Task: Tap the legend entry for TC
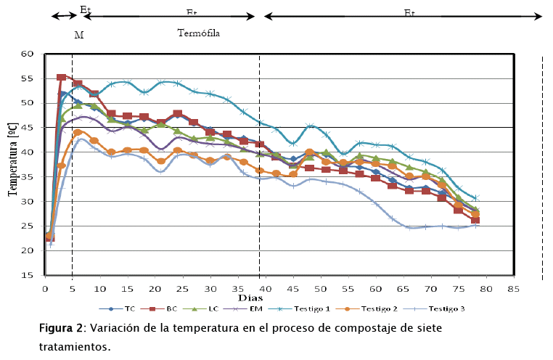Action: [x=124, y=308]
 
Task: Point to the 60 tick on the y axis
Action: [x=29, y=54]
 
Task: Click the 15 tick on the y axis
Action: [x=29, y=276]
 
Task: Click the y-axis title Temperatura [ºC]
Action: [x=12, y=165]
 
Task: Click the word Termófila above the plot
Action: [x=199, y=33]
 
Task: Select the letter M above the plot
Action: [x=78, y=35]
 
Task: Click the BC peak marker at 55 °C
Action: [x=61, y=77]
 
